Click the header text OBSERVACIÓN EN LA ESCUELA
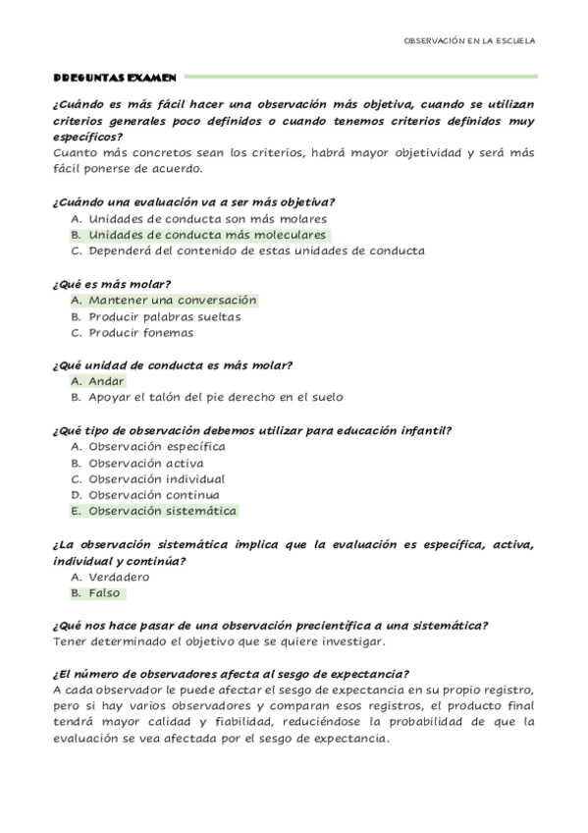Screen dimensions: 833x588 [470, 41]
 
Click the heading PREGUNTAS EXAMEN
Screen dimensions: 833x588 [113, 76]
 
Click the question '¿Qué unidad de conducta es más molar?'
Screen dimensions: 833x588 [172, 365]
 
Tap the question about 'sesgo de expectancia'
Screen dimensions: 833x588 [231, 673]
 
